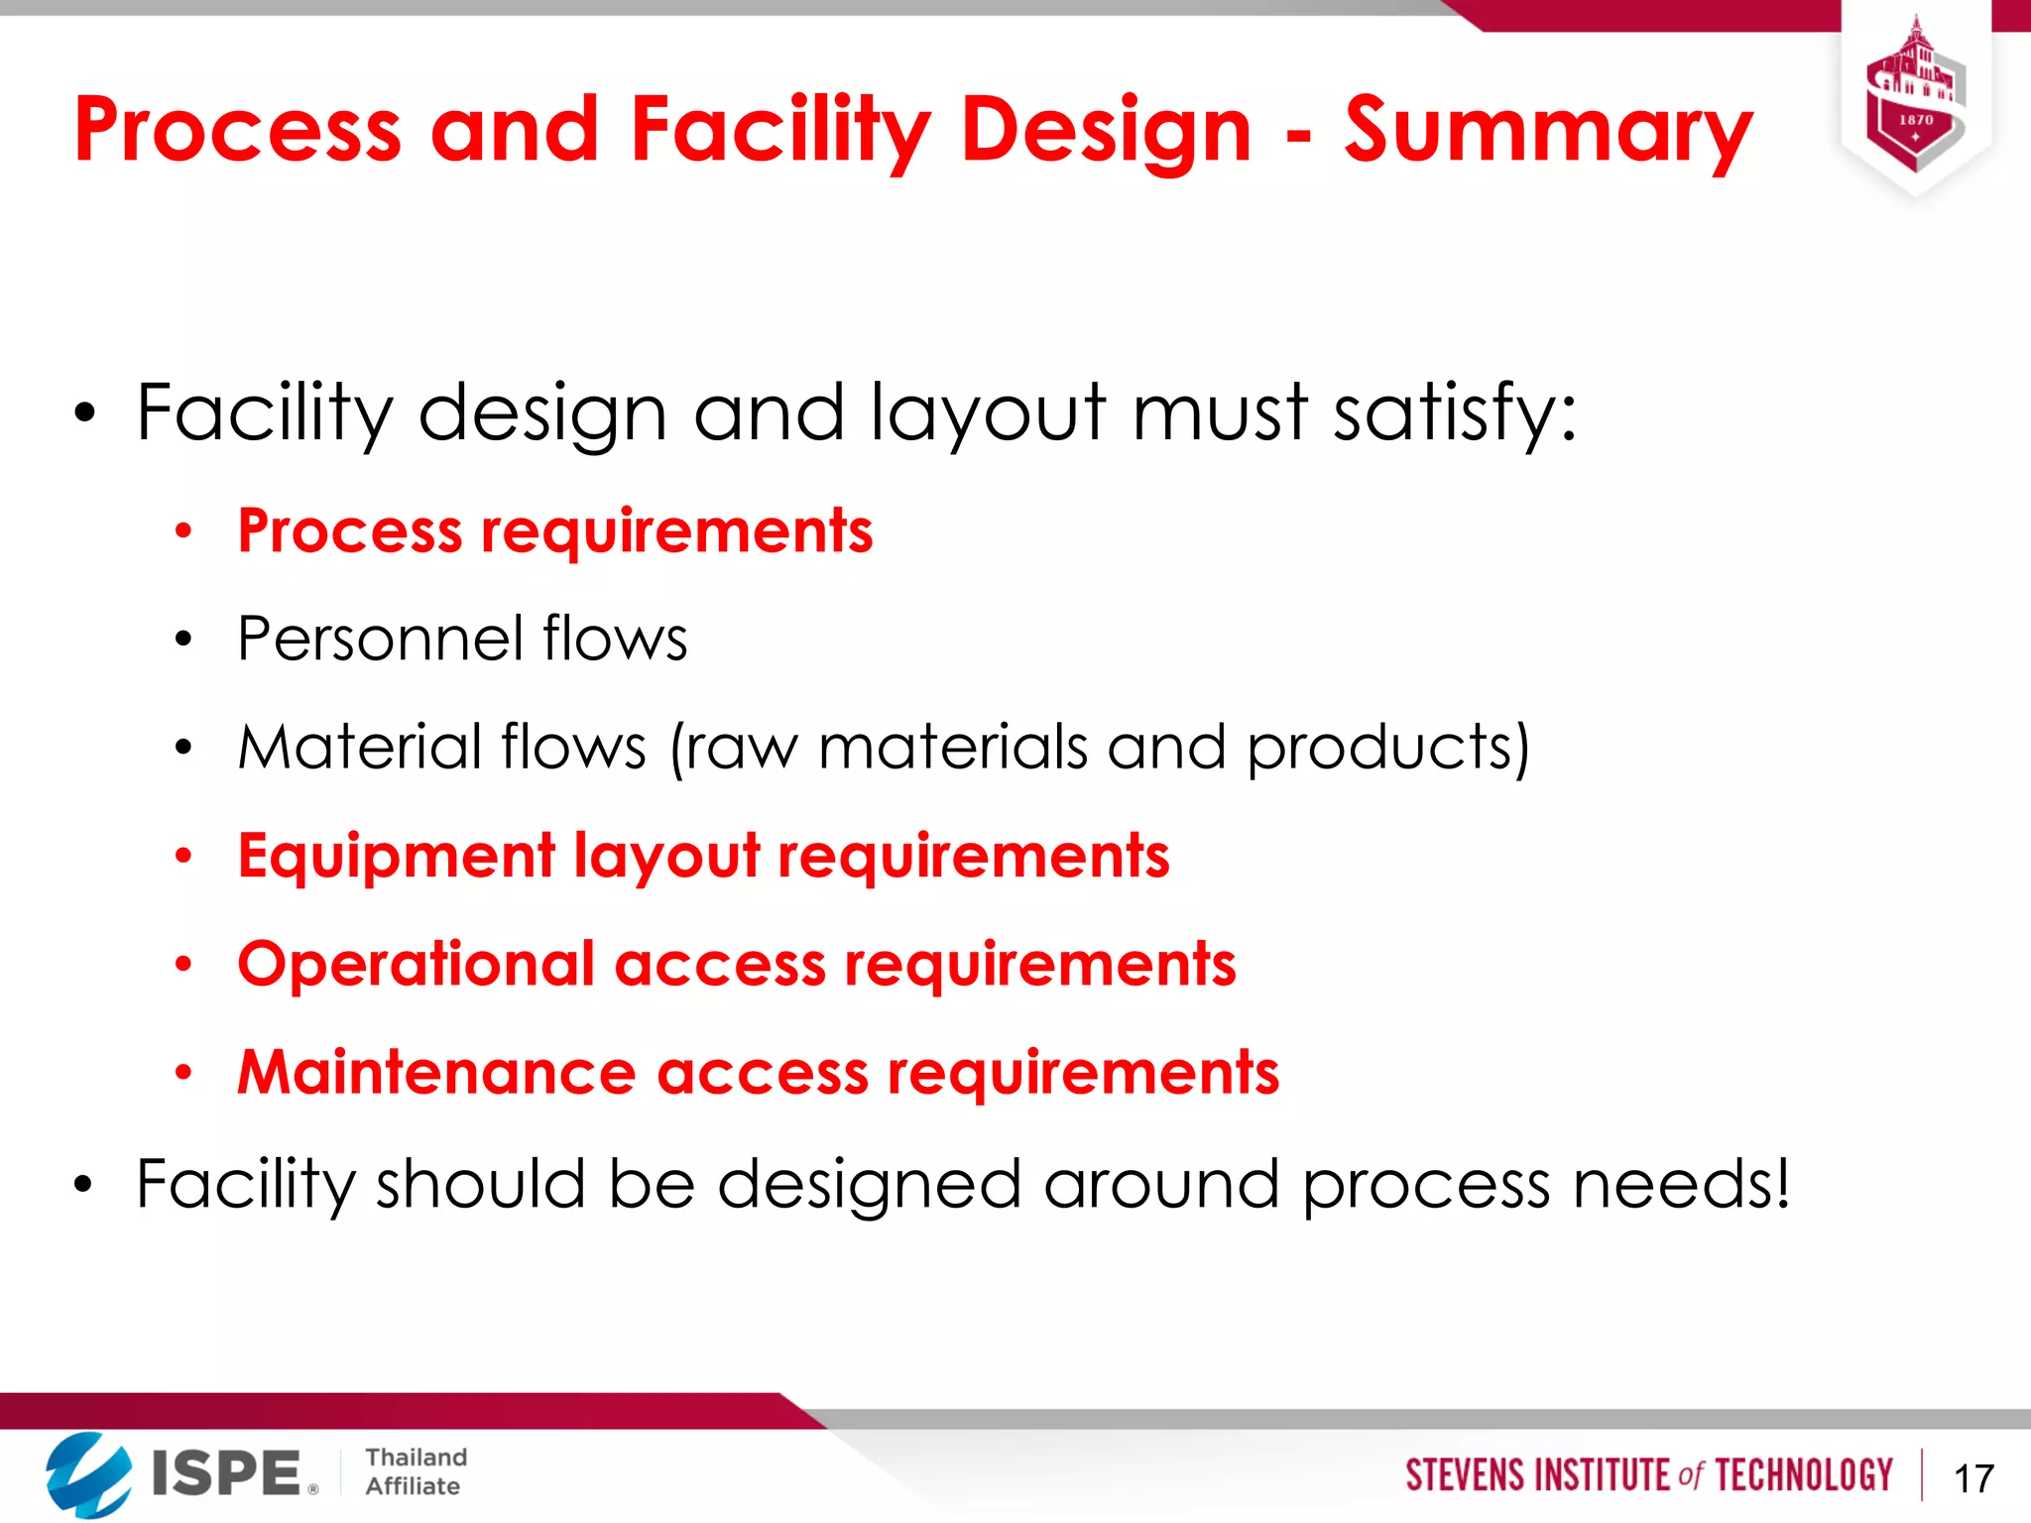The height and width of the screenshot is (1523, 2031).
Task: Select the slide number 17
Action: pyautogui.click(x=1973, y=1478)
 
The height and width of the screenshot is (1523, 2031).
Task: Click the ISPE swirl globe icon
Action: pyautogui.click(x=88, y=1474)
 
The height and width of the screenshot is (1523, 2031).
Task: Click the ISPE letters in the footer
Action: pyautogui.click(x=226, y=1473)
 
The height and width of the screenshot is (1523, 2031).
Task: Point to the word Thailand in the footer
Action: pyautogui.click(x=416, y=1458)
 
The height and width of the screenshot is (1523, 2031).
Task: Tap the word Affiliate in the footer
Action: pyautogui.click(x=413, y=1486)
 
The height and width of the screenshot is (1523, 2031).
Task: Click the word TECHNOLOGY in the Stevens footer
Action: pyautogui.click(x=1804, y=1475)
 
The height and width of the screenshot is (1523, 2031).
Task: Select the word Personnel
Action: pyautogui.click(x=380, y=639)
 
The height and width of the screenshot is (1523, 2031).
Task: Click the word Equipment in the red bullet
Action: pyautogui.click(x=397, y=856)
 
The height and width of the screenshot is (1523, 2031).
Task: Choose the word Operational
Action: pyautogui.click(x=417, y=964)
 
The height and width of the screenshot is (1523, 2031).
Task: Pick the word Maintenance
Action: pyautogui.click(x=436, y=1073)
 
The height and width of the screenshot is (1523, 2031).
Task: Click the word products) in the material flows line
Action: pyautogui.click(x=1388, y=748)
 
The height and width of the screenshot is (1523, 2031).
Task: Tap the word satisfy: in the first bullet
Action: pyautogui.click(x=1454, y=412)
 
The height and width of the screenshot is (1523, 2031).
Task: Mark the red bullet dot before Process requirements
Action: pyautogui.click(x=183, y=531)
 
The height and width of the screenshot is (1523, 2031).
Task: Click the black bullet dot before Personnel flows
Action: pyautogui.click(x=183, y=640)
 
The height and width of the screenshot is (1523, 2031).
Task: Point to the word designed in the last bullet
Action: pyautogui.click(x=869, y=1184)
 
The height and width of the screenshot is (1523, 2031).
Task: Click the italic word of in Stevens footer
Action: pyautogui.click(x=1690, y=1475)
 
